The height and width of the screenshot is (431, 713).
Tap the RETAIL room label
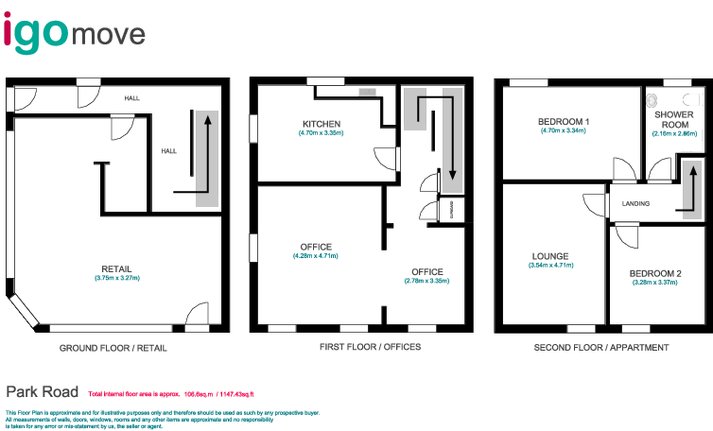[x=117, y=267]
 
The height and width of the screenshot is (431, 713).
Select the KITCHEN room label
[x=321, y=124]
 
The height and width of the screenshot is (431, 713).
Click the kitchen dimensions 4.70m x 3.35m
[x=321, y=133]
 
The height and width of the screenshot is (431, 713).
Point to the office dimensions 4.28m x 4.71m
[x=315, y=256]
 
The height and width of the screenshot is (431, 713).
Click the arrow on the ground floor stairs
[x=201, y=151]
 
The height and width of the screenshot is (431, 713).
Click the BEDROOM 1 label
[x=564, y=122]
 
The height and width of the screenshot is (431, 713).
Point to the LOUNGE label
[x=550, y=256]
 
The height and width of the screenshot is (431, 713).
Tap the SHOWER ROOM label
[x=674, y=119]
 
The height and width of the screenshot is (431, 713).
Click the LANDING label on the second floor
[x=635, y=204]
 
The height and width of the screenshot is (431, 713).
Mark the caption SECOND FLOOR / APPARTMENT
[x=601, y=348]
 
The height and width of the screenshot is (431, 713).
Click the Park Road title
[x=41, y=390]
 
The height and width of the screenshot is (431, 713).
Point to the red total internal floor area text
[x=170, y=393]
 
